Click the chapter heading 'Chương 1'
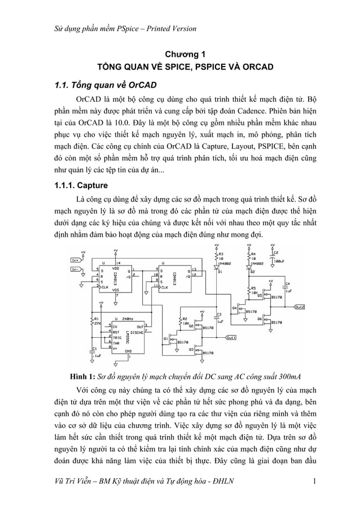[x=180, y=55]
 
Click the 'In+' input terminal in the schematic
[x=75, y=260]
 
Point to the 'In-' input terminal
[x=75, y=269]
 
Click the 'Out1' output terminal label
[x=230, y=338]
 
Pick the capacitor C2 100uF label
[x=277, y=257]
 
